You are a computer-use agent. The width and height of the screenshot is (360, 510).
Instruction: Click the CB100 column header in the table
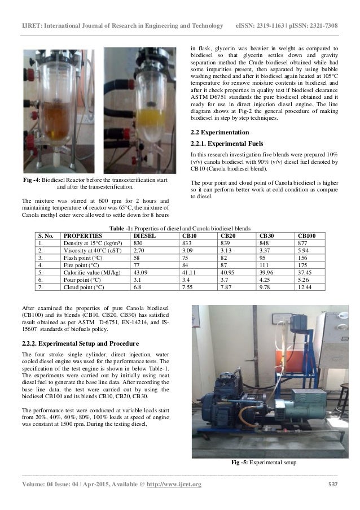(306, 234)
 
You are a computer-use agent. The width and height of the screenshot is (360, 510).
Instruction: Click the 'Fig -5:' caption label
(243, 463)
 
